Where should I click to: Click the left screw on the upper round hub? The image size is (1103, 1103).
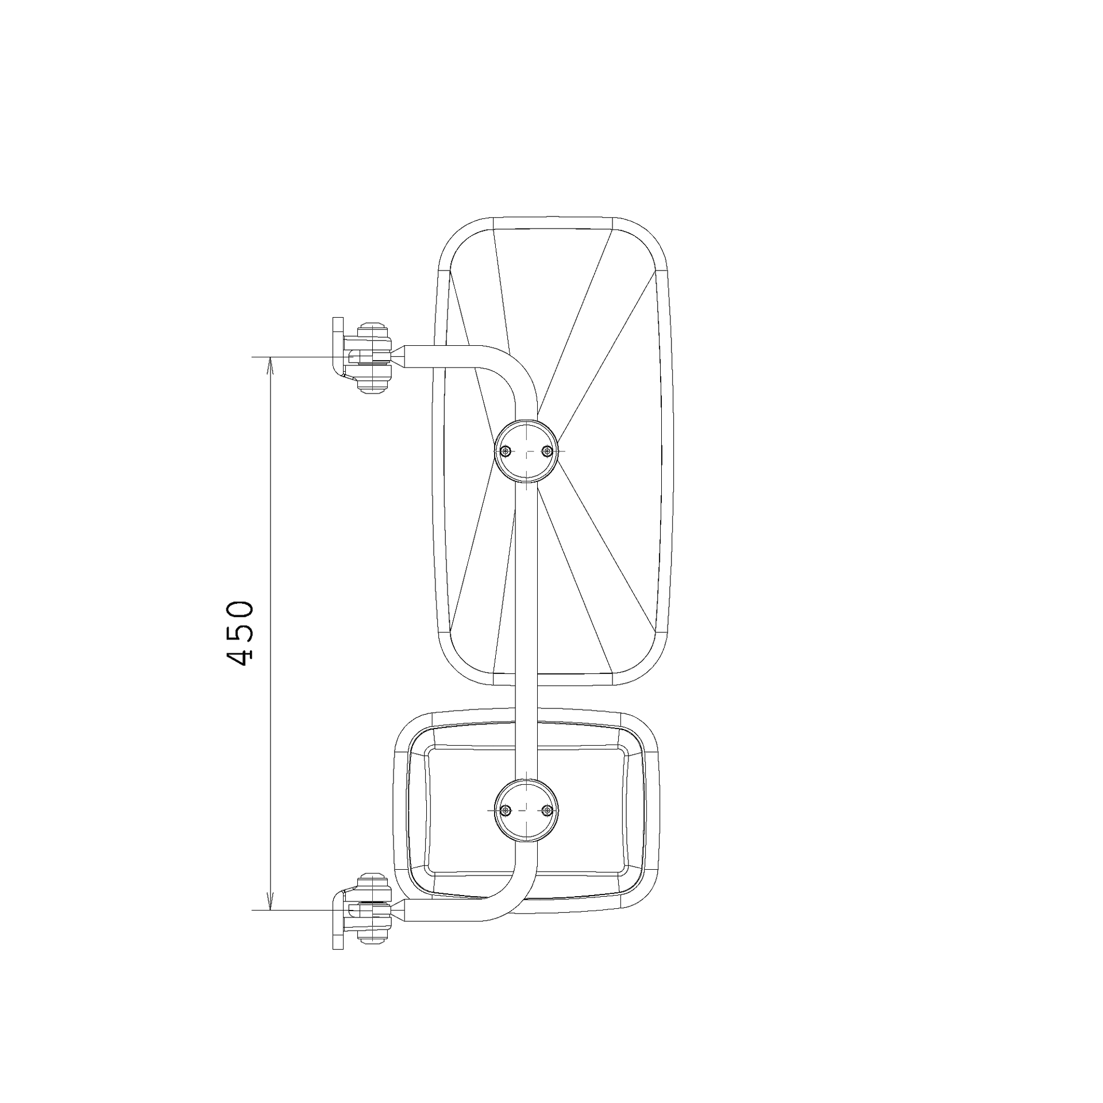click(505, 451)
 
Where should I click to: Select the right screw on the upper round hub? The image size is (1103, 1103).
click(548, 451)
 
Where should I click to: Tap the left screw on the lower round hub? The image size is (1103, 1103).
click(505, 811)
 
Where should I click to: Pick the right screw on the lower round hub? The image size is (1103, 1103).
click(548, 811)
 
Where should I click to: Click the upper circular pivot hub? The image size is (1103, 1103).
click(526, 451)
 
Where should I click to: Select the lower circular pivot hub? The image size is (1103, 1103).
click(526, 811)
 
